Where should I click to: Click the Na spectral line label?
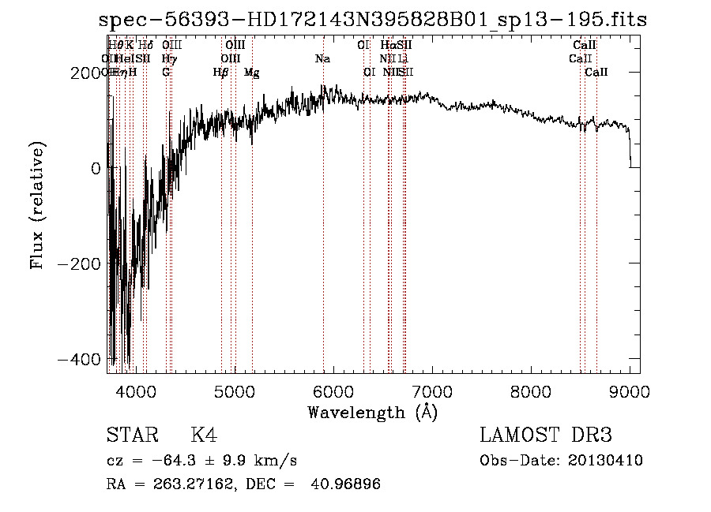(x=322, y=58)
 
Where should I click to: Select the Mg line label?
(x=252, y=73)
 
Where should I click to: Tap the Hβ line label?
(x=220, y=73)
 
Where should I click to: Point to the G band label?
(x=166, y=73)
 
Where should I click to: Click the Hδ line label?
(x=145, y=46)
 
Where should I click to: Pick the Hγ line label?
(x=168, y=58)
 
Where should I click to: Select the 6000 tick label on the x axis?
(x=333, y=391)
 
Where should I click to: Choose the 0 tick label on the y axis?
(x=95, y=168)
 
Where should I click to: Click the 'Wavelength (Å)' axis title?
(x=373, y=412)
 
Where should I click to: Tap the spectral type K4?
(x=204, y=435)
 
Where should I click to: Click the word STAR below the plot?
(x=132, y=435)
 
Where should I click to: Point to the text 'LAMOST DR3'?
(x=546, y=435)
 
